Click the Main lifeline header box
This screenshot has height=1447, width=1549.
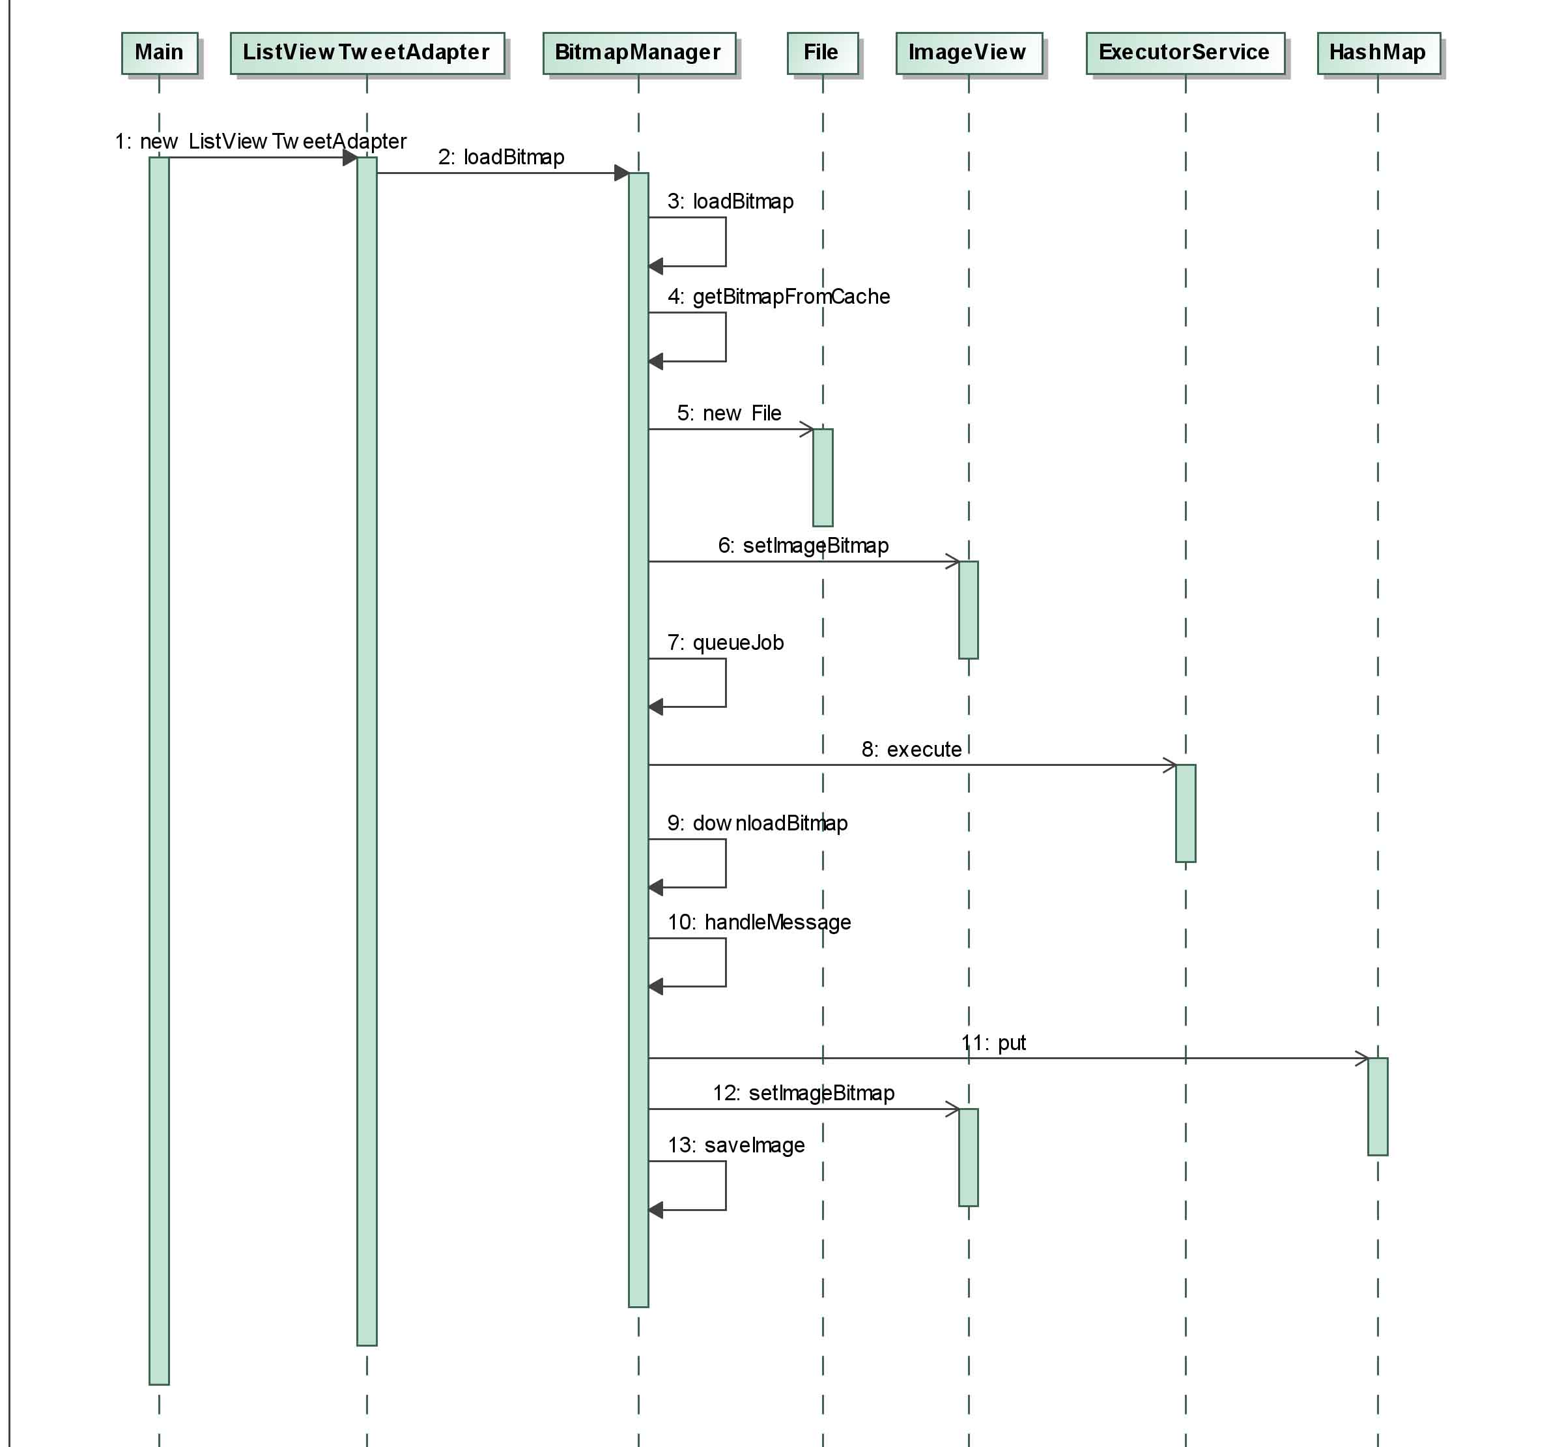coord(160,53)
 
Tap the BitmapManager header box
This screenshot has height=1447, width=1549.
coord(639,53)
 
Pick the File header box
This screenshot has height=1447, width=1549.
coord(823,53)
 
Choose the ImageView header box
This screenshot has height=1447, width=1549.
coord(969,53)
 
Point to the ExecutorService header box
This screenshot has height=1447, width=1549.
coord(1185,53)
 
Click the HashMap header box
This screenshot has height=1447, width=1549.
coord(1378,53)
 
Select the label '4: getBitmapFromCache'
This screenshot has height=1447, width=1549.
coord(778,297)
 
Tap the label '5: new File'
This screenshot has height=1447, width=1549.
coord(728,413)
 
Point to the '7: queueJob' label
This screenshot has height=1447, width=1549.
coord(726,643)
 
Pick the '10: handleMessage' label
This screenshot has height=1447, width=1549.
coord(759,922)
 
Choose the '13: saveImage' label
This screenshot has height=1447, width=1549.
coord(736,1145)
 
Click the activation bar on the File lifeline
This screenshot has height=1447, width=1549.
coord(823,477)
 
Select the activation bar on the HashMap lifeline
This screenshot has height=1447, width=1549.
coord(1378,1106)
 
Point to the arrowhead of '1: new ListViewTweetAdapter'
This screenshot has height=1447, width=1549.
coord(350,158)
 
